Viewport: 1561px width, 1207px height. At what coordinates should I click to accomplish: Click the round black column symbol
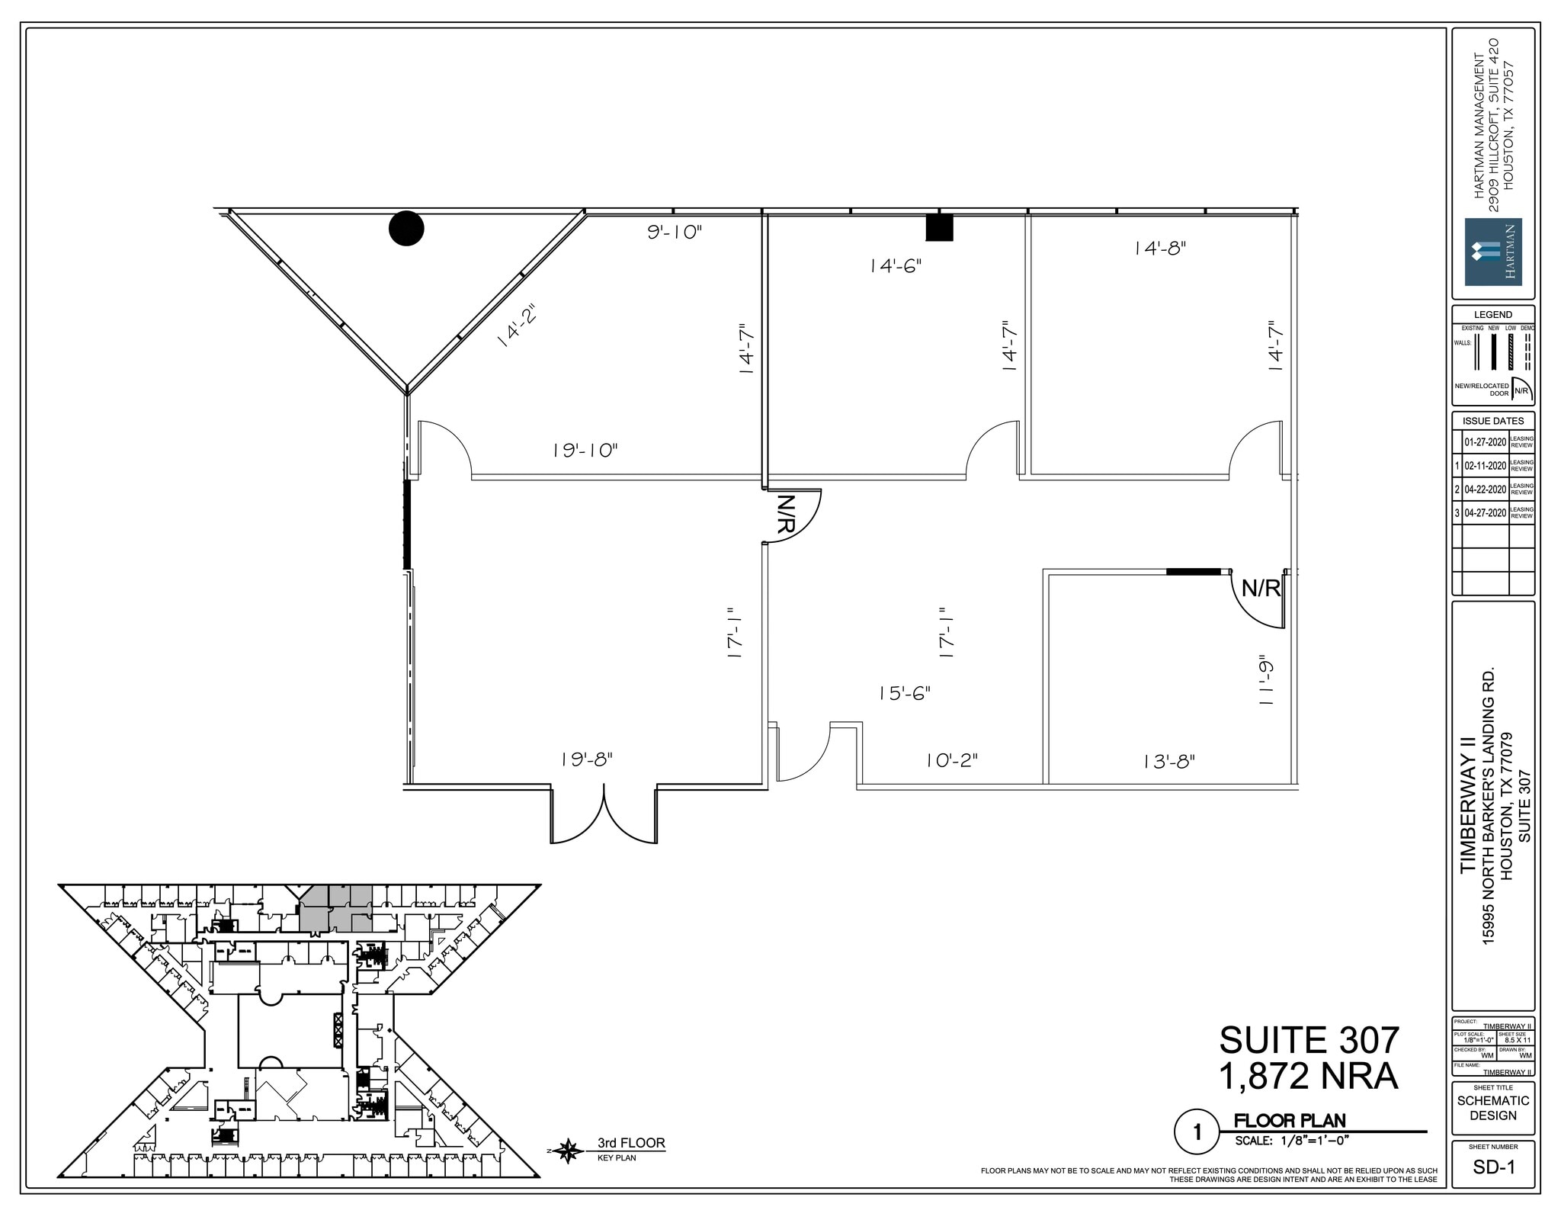[x=406, y=228]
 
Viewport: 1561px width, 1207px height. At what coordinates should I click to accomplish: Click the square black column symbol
[x=939, y=227]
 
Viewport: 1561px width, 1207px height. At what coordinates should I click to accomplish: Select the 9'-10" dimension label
[x=674, y=232]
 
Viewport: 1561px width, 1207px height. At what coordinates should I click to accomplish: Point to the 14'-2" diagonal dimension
[x=517, y=326]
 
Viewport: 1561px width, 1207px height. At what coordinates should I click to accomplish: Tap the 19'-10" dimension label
[x=585, y=451]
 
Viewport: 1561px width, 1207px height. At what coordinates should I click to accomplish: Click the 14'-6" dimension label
[x=896, y=266]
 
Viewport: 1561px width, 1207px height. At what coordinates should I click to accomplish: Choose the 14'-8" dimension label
[x=1159, y=248]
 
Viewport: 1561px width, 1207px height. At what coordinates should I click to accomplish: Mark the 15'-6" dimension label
[x=904, y=693]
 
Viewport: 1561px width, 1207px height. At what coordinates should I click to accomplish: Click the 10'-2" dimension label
[x=951, y=760]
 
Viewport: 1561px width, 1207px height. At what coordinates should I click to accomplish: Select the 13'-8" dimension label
[x=1168, y=761]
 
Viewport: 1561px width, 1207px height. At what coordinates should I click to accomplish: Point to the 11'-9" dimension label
[x=1266, y=680]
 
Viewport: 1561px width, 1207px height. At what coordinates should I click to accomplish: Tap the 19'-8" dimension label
[x=586, y=759]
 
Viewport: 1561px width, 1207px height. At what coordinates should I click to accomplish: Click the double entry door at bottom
[x=604, y=817]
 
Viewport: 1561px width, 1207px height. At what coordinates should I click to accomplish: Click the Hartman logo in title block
[x=1493, y=252]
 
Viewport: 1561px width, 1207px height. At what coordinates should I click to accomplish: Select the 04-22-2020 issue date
[x=1485, y=490]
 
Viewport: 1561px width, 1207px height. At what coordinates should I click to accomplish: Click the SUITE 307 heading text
[x=1309, y=1040]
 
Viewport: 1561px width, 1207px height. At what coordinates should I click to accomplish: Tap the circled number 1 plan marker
[x=1196, y=1132]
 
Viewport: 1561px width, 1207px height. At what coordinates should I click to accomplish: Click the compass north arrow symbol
[x=568, y=1151]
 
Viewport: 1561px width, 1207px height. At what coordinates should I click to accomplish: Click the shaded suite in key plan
[x=336, y=910]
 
